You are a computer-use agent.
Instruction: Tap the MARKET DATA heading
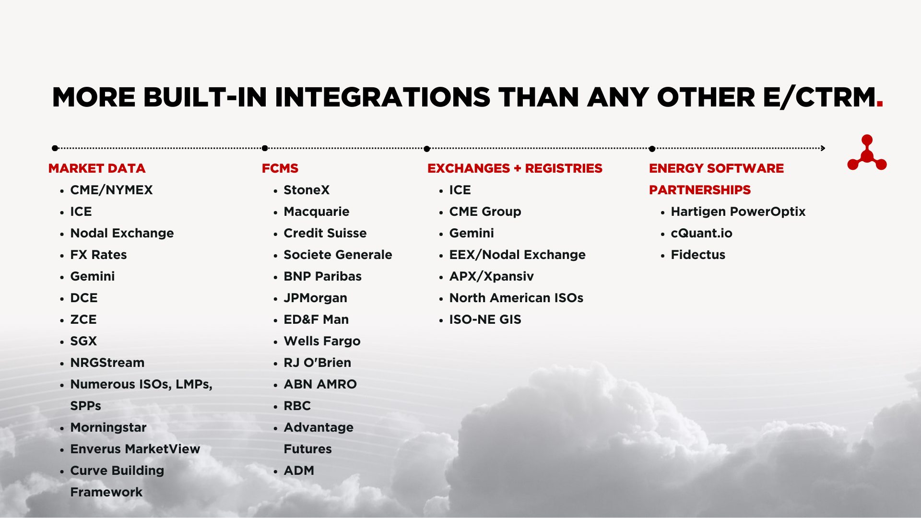click(97, 168)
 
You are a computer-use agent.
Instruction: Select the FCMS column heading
click(280, 168)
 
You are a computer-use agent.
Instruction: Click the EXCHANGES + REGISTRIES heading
click(515, 168)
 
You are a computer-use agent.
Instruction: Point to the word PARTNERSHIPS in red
click(699, 190)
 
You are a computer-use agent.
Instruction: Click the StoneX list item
click(307, 190)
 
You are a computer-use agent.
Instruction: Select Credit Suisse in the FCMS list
click(325, 233)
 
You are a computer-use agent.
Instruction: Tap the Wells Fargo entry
click(322, 341)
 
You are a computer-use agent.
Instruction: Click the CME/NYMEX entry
click(111, 190)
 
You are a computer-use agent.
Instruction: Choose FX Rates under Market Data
click(98, 255)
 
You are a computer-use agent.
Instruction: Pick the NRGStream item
click(107, 363)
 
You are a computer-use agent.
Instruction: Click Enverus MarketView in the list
click(135, 449)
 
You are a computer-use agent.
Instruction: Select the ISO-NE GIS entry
click(485, 319)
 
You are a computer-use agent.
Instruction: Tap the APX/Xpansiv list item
click(491, 276)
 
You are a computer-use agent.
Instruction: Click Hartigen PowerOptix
click(738, 212)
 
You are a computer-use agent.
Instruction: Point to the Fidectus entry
click(697, 255)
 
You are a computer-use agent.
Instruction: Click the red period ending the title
click(879, 105)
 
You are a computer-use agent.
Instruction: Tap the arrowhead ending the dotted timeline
click(823, 148)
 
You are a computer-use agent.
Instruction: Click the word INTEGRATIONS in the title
click(382, 97)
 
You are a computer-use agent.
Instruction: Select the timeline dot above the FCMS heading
click(265, 148)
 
